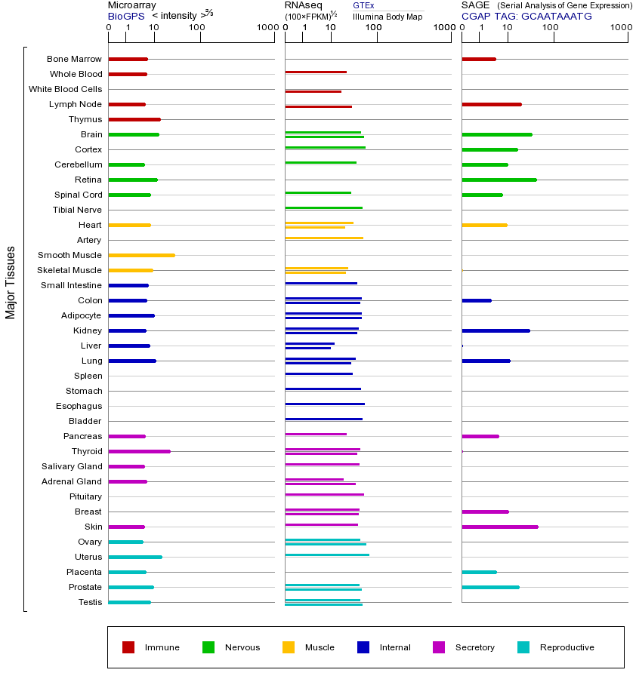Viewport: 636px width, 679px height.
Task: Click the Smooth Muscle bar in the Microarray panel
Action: (141, 255)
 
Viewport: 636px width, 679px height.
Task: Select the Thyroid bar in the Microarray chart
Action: (139, 451)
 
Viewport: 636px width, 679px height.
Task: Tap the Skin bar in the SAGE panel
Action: (499, 527)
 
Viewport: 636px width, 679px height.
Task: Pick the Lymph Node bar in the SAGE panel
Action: (491, 104)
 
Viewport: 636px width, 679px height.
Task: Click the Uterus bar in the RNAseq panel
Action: (327, 555)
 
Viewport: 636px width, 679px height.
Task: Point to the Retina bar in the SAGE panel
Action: (499, 180)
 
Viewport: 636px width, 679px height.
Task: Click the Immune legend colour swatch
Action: (128, 647)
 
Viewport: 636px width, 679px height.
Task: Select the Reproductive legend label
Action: (567, 647)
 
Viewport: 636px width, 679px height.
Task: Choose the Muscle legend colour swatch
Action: (289, 647)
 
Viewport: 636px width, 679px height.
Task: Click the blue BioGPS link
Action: (124, 15)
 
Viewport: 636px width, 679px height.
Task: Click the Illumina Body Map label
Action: (387, 16)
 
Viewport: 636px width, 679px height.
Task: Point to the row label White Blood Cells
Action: (65, 89)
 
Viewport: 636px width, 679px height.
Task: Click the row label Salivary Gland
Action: (72, 466)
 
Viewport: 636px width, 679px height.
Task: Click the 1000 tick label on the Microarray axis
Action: (266, 28)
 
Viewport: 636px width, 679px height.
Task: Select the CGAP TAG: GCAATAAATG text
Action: (526, 15)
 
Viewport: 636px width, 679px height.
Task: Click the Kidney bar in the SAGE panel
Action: (496, 330)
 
